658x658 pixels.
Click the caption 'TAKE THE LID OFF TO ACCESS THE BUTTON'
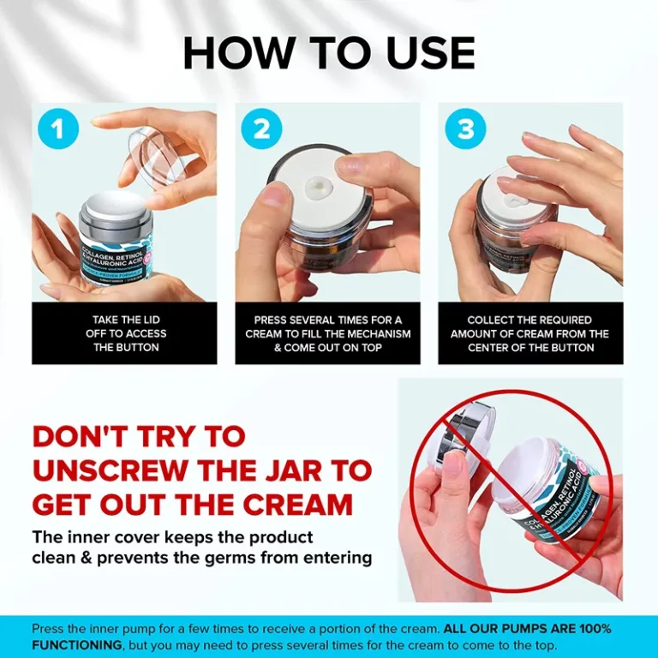tap(124, 333)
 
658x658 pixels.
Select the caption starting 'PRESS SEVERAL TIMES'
tap(328, 333)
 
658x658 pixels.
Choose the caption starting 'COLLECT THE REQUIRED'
tap(530, 333)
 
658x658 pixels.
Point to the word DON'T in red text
tap(84, 436)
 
